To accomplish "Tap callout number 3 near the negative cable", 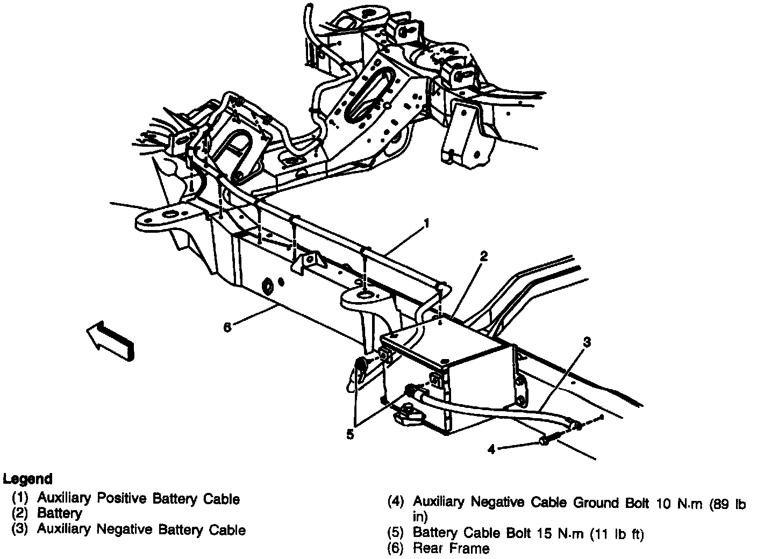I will click(x=587, y=341).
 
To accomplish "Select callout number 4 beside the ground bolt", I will click(x=491, y=449).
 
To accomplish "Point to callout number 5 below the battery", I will click(x=350, y=435).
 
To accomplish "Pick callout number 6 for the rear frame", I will click(x=227, y=327).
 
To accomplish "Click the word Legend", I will click(x=28, y=478).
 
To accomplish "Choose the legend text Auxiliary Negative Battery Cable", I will click(x=141, y=529).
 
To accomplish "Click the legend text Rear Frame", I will click(x=451, y=548).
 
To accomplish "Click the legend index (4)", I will click(x=396, y=503).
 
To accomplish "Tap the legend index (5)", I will click(x=396, y=533).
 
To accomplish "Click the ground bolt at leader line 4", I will click(x=544, y=441).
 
